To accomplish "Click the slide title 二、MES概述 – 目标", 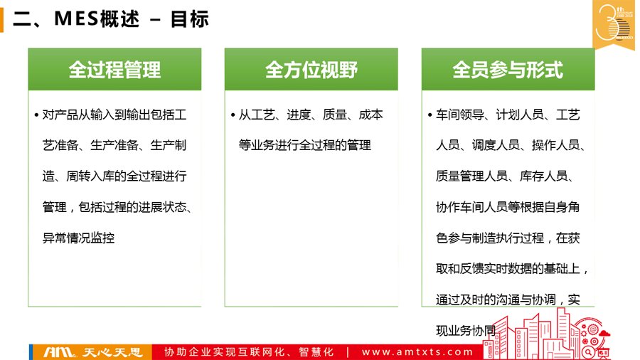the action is point(111,19).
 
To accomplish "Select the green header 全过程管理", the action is point(114,70).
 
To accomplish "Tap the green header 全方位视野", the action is point(311,70).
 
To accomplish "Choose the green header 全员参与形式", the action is point(508,70).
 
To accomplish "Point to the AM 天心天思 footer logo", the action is point(92,352).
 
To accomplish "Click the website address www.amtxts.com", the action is point(417,352).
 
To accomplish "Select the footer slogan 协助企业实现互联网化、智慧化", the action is point(249,352).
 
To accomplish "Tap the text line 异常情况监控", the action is point(78,238).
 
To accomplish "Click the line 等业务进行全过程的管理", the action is point(305,145).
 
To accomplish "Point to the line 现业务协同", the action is point(466,331).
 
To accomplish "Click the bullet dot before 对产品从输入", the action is point(37,115).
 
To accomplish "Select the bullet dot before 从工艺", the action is point(233,115).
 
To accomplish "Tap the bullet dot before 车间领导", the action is point(430,115).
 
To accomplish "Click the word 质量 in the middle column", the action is point(335,115).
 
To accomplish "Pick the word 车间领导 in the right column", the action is point(459,115).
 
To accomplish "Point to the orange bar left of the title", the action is point(1,20).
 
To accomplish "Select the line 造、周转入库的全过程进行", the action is point(114,176).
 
